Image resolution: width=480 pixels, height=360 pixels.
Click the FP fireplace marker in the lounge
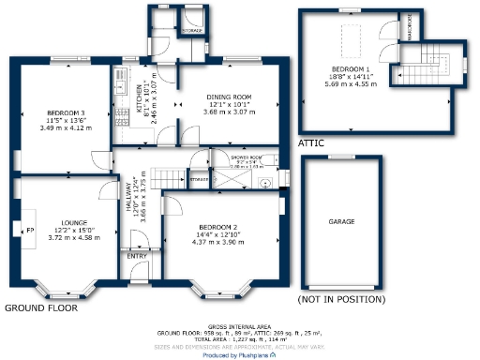point(28,230)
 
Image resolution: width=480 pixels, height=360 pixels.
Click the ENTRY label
point(137,255)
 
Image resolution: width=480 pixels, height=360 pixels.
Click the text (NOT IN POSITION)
point(341,299)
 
